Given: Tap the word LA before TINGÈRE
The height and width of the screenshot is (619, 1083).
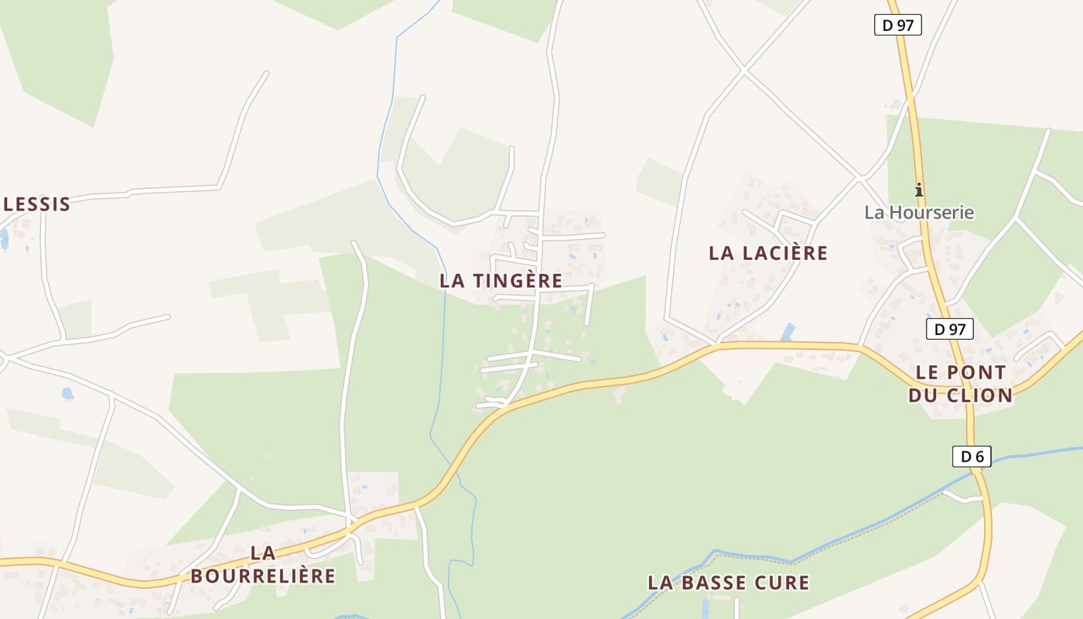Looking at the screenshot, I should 453,281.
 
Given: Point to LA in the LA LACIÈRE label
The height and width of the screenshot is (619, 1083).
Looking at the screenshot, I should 721,253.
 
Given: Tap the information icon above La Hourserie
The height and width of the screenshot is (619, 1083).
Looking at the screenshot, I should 919,190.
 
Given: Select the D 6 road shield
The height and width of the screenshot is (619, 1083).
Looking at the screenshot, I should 972,457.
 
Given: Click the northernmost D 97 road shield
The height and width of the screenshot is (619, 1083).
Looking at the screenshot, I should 897,25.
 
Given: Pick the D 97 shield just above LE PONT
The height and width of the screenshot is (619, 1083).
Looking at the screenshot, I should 949,329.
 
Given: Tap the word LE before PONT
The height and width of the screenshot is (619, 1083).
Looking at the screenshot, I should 928,372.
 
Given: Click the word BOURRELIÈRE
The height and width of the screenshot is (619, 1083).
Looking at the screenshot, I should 263,576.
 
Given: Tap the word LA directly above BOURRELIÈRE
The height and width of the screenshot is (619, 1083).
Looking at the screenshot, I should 263,553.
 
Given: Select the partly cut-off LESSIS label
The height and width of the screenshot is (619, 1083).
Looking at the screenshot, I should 36,204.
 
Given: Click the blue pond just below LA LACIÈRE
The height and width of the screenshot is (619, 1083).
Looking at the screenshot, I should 788,332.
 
